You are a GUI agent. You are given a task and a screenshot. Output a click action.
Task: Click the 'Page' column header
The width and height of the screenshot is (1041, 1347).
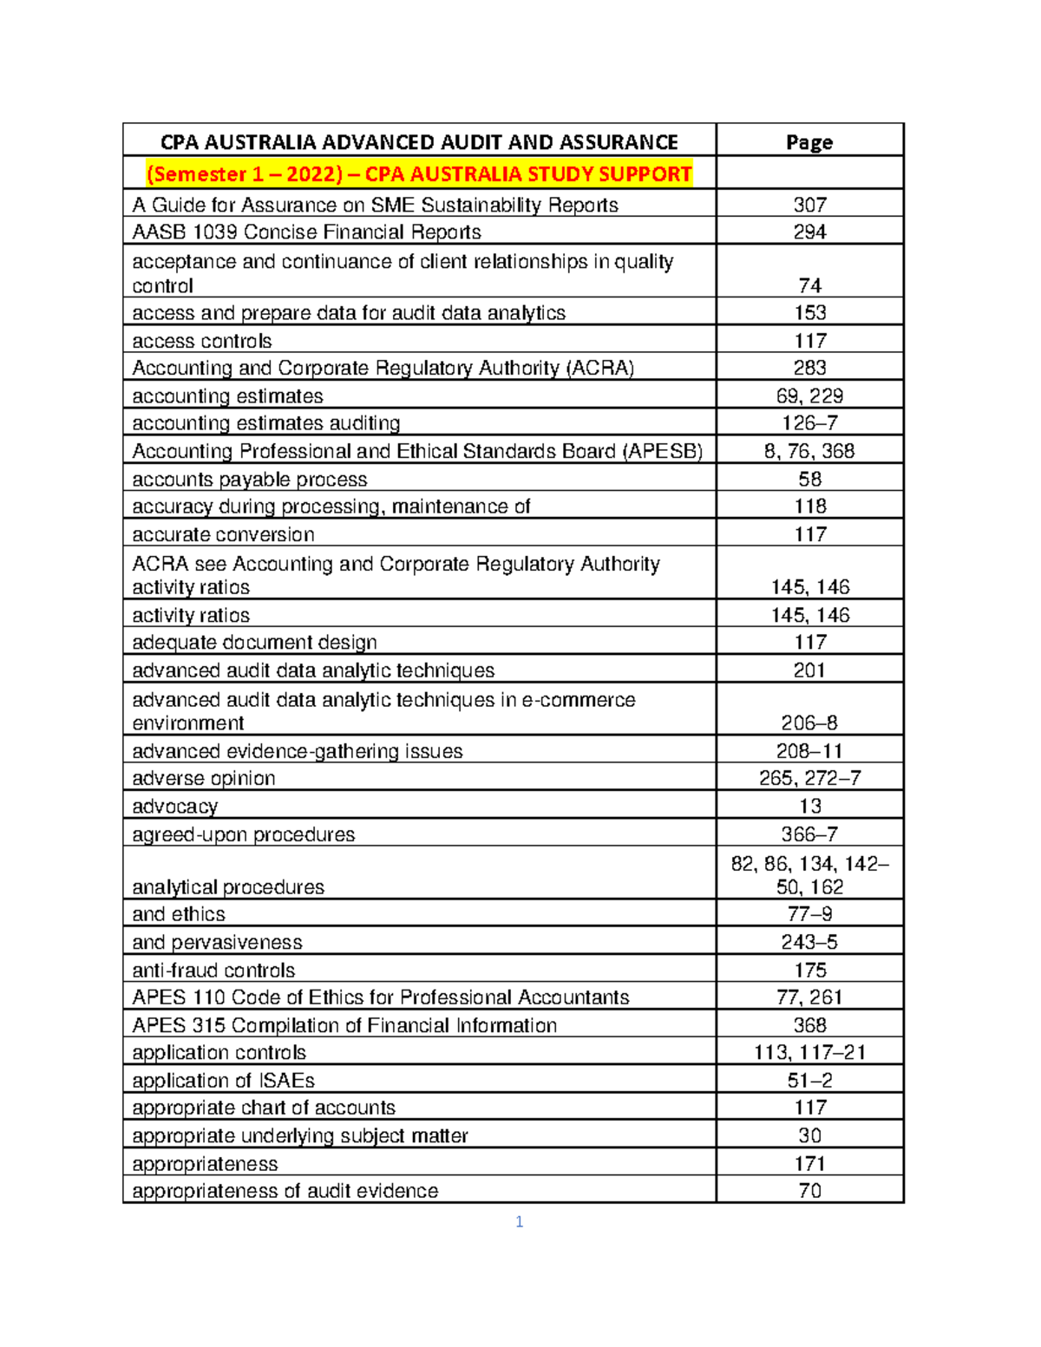pos(809,142)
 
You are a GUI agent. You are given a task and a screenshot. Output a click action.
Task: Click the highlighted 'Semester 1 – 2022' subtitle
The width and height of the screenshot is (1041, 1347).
pos(419,174)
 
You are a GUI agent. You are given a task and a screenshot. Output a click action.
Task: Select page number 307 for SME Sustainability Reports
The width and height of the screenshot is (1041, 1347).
pos(809,205)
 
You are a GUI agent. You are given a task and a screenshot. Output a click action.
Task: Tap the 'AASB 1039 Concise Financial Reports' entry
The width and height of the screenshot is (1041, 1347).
pos(306,232)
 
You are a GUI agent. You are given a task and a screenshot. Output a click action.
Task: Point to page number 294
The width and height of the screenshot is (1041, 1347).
pos(809,232)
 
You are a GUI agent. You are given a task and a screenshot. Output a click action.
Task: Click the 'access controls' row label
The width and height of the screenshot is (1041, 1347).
pos(201,341)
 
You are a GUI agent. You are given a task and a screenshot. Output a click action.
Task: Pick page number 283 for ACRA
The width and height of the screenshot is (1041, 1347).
pos(809,368)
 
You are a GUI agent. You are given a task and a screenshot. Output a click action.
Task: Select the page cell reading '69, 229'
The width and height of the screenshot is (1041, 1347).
pos(809,396)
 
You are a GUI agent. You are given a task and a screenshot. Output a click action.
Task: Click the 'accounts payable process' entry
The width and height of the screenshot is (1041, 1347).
pos(249,479)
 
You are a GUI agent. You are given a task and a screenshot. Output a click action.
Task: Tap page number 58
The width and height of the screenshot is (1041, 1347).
pos(809,479)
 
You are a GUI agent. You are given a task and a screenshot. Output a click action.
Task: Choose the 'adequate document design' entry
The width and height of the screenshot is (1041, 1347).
pos(254,642)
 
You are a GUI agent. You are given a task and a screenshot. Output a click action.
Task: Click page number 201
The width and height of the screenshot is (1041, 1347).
pos(809,670)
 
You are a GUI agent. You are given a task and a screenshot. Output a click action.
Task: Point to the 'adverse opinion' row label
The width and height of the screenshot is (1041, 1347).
pos(203,778)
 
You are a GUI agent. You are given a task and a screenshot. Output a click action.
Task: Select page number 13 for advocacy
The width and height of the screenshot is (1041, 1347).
pos(809,806)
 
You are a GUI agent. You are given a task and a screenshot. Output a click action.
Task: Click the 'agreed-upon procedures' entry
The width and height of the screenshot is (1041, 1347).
pos(243,834)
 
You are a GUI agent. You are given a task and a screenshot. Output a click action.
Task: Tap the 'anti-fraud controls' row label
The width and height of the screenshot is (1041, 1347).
pos(213,970)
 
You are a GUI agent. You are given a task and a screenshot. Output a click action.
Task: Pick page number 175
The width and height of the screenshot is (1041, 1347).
pos(809,970)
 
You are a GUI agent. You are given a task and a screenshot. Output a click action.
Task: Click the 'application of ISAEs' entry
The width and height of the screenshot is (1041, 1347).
pos(223,1080)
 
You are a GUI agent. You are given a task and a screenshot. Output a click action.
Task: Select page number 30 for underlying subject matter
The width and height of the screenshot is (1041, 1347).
pos(809,1135)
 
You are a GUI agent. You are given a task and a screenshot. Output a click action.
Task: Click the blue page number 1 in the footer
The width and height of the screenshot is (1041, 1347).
pos(519,1222)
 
